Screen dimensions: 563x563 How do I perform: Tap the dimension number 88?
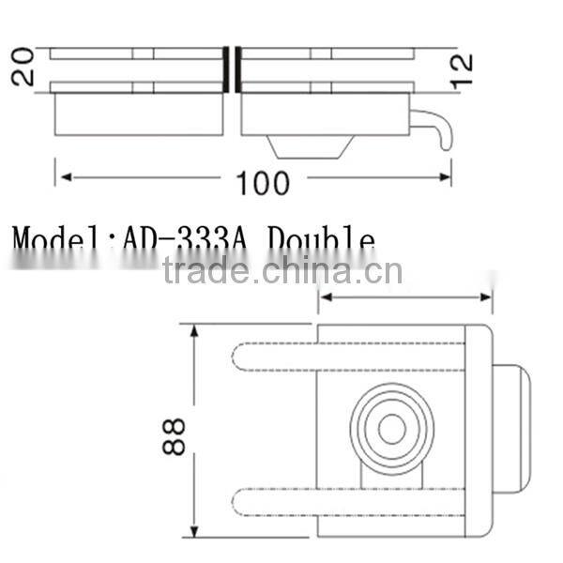click(175, 436)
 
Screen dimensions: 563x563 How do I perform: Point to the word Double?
click(321, 241)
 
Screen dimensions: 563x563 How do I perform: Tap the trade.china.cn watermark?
click(281, 270)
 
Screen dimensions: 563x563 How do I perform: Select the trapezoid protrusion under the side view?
click(311, 146)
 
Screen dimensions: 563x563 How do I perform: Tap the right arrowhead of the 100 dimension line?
click(446, 176)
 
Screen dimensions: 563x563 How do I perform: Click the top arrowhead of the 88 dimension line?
click(196, 331)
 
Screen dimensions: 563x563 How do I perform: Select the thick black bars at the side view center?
click(232, 69)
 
